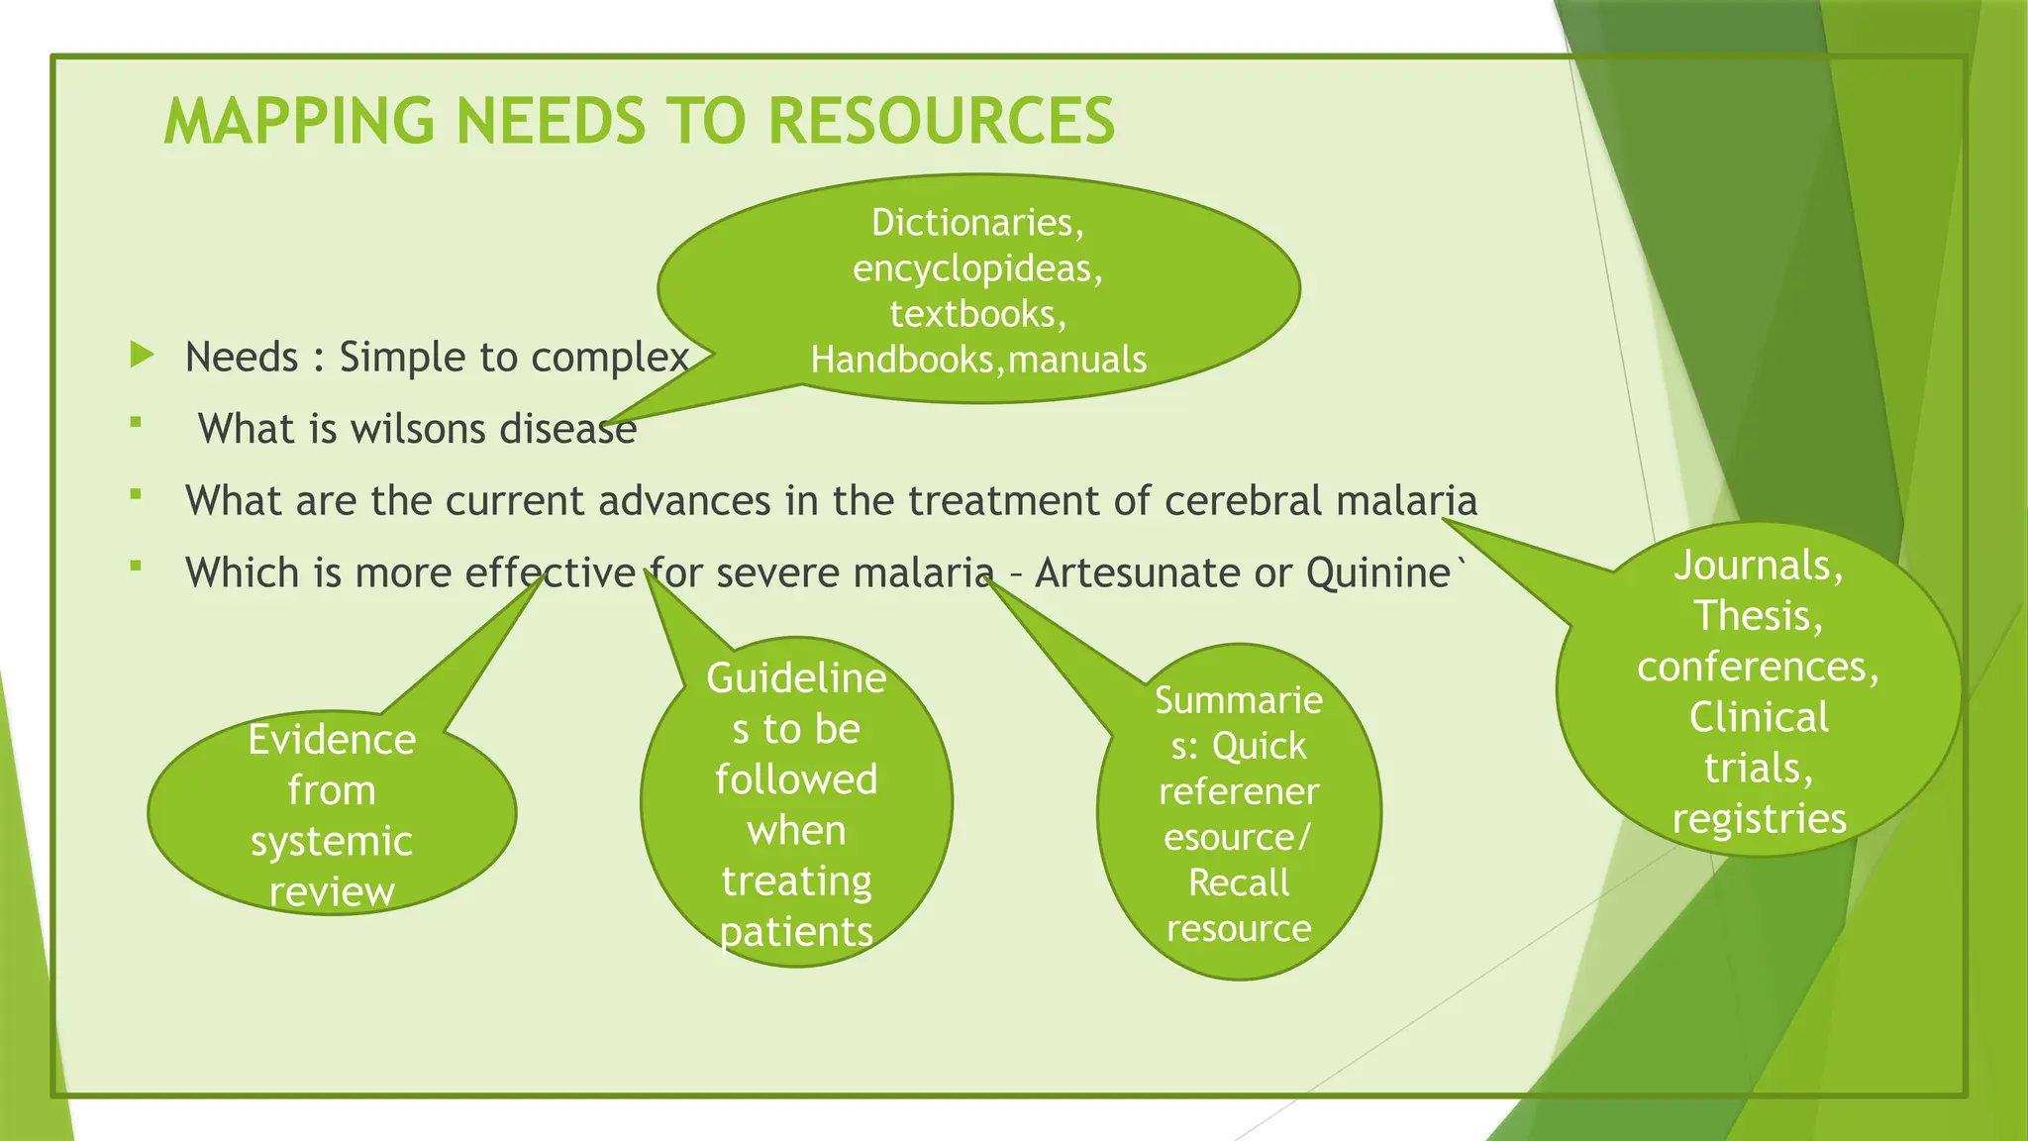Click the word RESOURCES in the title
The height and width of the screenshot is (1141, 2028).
point(941,121)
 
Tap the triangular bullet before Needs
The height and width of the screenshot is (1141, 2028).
point(143,355)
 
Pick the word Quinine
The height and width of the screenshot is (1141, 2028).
point(1377,573)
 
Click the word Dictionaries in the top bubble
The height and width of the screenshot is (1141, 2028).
point(976,223)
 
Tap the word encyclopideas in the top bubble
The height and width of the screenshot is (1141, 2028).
point(976,268)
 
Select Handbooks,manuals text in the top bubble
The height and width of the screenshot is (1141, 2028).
point(978,360)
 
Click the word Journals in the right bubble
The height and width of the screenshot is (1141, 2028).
point(1758,566)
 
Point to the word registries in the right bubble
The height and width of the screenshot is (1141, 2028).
point(1759,819)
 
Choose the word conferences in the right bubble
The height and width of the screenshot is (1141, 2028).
point(1758,667)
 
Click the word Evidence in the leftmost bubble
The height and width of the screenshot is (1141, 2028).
point(332,740)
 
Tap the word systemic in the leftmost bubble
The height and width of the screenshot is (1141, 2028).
point(332,842)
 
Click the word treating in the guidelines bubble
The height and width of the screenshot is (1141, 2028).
point(796,881)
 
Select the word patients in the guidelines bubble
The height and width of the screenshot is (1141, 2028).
point(796,932)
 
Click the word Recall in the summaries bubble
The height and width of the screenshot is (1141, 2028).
point(1239,882)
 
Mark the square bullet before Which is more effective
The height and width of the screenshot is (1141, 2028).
point(136,567)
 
